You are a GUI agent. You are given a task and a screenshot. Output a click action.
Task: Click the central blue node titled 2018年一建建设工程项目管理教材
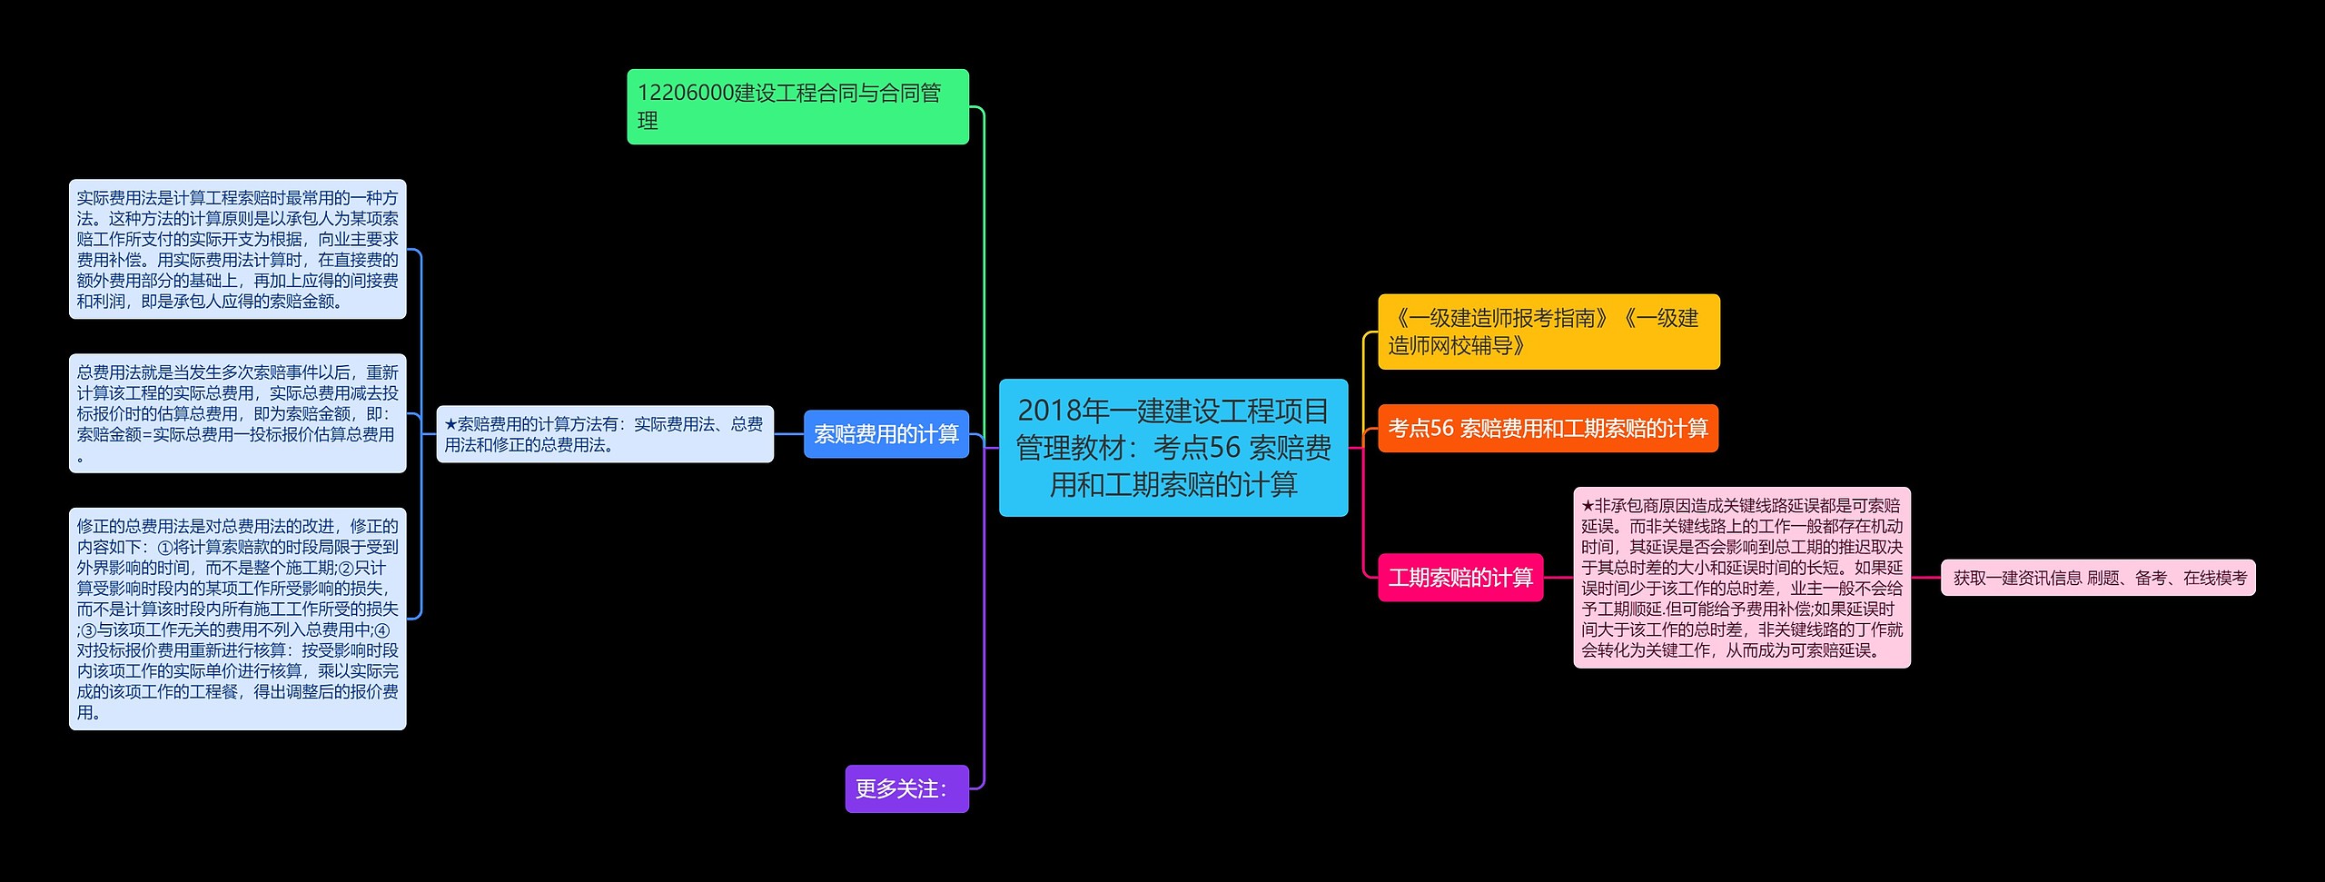click(1172, 447)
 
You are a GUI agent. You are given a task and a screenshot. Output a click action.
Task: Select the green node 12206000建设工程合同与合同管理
click(797, 106)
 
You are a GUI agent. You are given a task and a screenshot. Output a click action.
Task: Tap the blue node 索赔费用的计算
click(885, 434)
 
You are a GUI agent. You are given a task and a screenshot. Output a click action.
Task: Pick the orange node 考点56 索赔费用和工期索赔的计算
click(1548, 428)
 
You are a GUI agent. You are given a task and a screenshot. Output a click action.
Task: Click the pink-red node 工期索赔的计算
click(1460, 578)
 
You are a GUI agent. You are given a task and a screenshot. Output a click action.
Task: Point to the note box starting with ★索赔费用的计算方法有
click(605, 434)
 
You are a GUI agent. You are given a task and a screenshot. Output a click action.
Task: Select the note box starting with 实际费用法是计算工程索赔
click(237, 249)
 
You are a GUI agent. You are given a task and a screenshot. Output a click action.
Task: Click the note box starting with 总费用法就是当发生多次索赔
click(237, 413)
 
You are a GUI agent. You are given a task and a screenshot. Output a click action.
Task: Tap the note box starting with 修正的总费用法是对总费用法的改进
click(237, 619)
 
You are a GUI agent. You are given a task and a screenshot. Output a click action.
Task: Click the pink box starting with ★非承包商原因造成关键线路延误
click(1741, 578)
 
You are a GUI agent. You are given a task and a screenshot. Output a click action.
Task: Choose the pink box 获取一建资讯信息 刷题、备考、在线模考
click(2098, 578)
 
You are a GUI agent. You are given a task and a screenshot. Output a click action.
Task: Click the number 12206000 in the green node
click(685, 94)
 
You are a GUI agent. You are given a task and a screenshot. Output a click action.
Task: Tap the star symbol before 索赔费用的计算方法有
click(450, 424)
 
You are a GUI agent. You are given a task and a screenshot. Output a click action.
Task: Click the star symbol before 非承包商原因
click(1588, 506)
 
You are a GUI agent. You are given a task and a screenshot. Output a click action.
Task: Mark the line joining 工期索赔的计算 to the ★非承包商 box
click(1558, 578)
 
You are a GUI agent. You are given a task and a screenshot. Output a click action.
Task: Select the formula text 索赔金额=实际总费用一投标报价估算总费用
click(235, 434)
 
